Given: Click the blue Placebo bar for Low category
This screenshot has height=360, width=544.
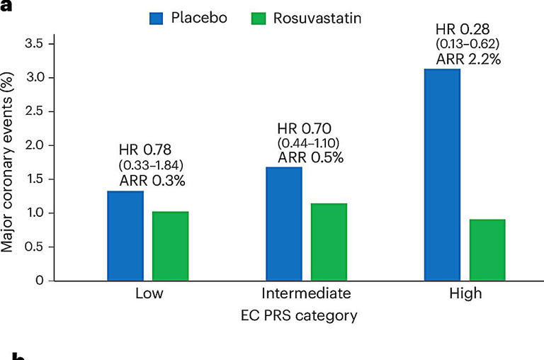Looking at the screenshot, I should coord(125,236).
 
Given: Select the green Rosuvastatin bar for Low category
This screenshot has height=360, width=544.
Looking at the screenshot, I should coord(170,246).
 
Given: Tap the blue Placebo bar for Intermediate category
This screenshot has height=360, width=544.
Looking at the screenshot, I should coord(284,224).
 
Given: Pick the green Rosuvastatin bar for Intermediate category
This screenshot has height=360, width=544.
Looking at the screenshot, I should coord(329,242).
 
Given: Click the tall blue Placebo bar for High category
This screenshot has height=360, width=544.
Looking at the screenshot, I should coord(442,174).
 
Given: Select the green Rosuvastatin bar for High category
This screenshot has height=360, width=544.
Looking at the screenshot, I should coord(487,250).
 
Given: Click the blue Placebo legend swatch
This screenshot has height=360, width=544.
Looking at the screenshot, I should coord(156,18).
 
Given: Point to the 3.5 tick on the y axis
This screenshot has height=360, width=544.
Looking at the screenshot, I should coord(35,44).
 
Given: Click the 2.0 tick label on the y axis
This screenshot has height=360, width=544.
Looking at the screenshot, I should coord(35,145).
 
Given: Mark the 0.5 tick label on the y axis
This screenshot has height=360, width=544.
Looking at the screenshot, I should coord(35,247).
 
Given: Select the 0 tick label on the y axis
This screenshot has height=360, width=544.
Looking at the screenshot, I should coord(40,281).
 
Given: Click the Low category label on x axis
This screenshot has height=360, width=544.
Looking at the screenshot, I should coord(148,293).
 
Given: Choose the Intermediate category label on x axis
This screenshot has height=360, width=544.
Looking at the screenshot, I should coord(306,293).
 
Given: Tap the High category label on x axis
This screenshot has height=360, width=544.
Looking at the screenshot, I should coord(465,293).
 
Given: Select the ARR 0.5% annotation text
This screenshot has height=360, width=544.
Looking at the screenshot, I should coord(310,157).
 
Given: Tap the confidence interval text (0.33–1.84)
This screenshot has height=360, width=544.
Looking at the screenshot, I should coord(152,165).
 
